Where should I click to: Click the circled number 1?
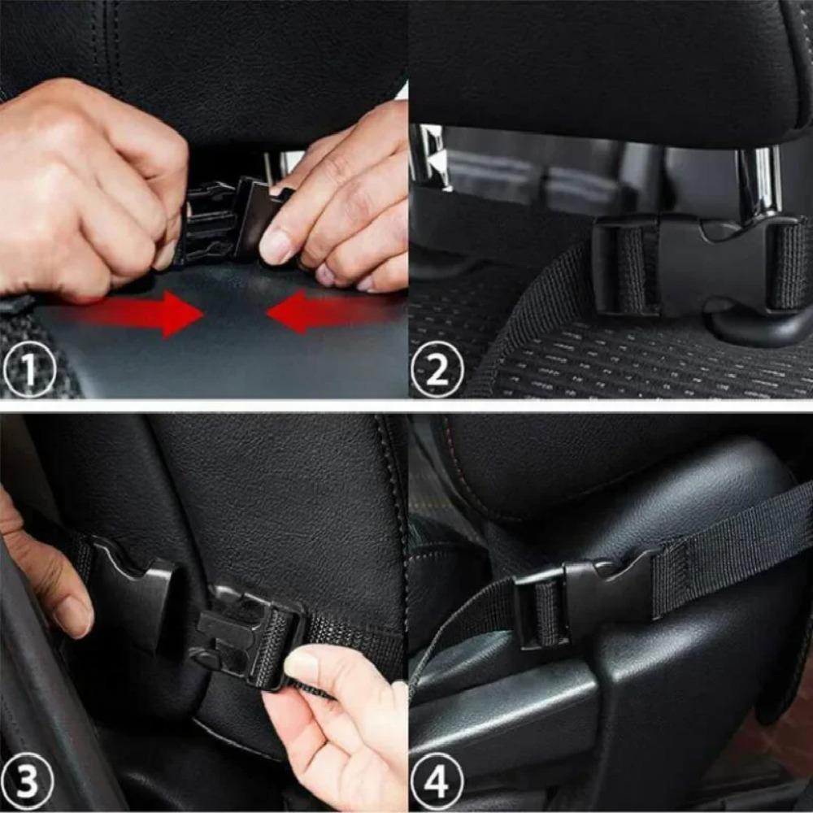[x=28, y=373]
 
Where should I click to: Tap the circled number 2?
[x=437, y=373]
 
